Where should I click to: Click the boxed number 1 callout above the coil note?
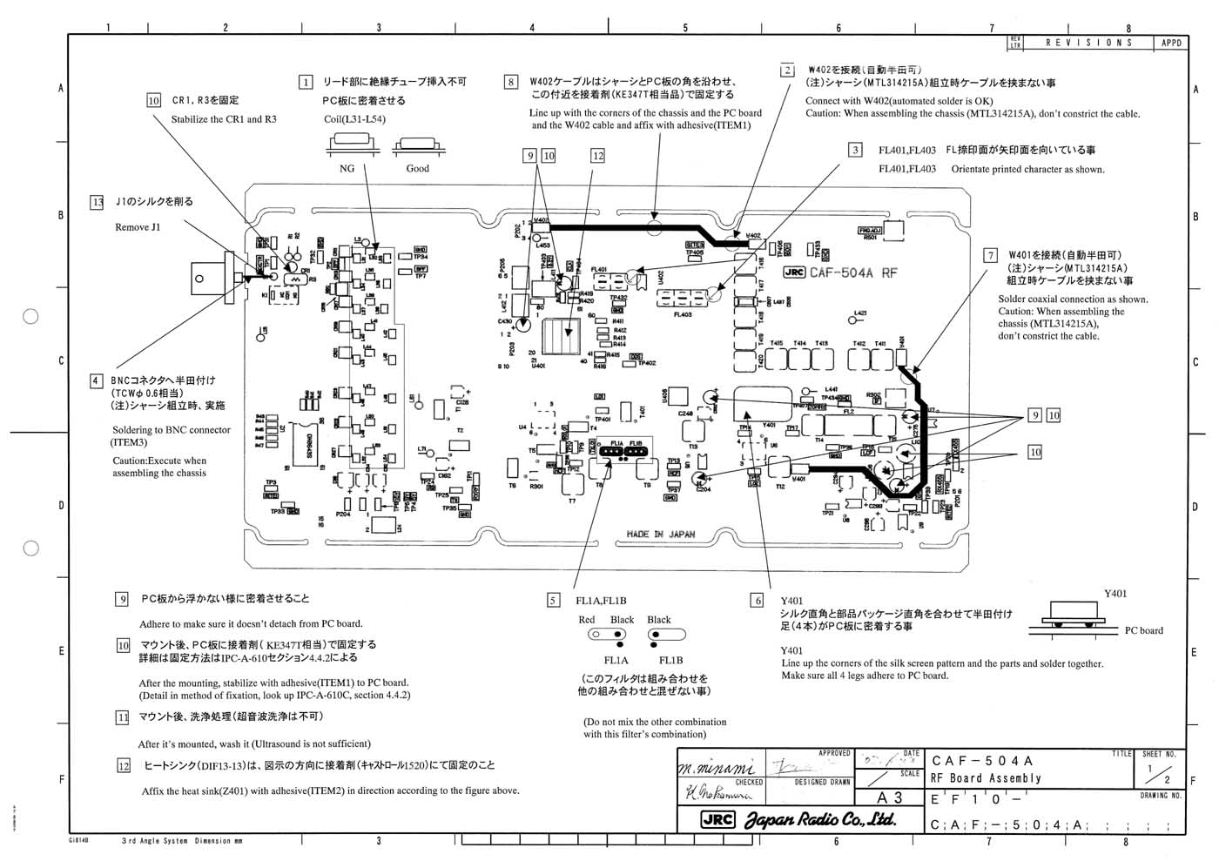click(306, 82)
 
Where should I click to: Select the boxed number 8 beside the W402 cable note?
click(511, 82)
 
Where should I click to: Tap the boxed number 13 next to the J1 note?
click(97, 202)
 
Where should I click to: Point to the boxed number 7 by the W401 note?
click(990, 255)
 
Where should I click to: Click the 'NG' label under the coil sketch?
click(347, 168)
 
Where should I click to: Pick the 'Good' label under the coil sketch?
click(417, 168)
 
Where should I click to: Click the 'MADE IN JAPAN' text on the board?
click(660, 534)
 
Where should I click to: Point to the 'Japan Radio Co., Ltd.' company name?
click(819, 819)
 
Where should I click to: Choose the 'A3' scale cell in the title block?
click(891, 797)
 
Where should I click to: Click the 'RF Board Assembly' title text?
click(986, 778)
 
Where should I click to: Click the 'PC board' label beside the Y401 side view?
click(1143, 630)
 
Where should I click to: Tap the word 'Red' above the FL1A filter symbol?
click(587, 620)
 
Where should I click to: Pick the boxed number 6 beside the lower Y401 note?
click(758, 600)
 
